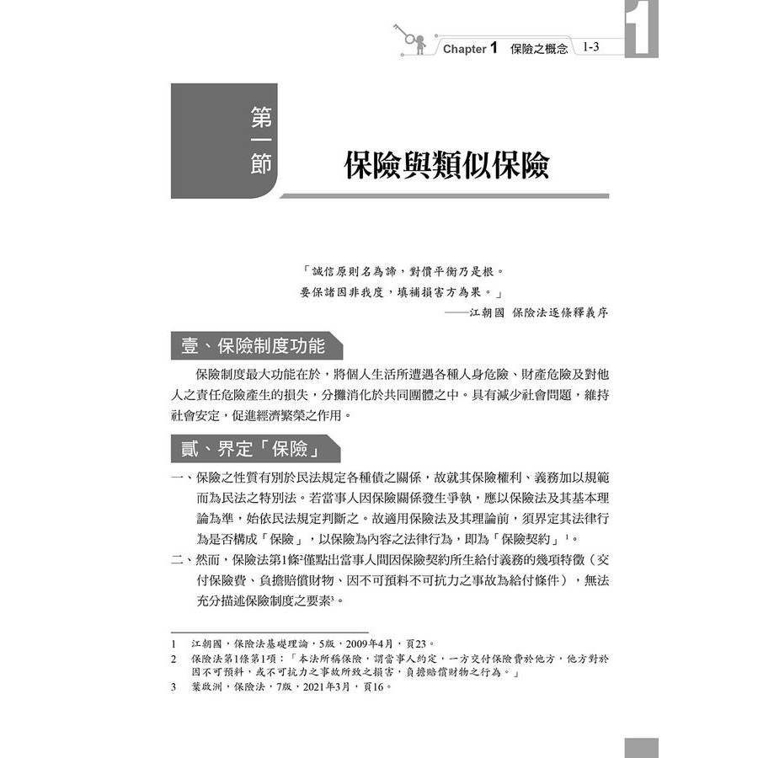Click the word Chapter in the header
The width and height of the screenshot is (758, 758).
click(464, 50)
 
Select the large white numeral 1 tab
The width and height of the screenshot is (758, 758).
click(642, 32)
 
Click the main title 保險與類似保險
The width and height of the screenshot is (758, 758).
click(446, 166)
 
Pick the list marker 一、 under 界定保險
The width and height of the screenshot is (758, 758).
click(182, 478)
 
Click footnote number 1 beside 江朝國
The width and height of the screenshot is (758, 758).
click(173, 644)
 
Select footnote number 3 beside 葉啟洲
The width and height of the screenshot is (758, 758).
click(173, 686)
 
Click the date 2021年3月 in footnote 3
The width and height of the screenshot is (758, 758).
click(317, 686)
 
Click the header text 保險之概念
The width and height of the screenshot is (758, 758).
click(539, 50)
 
